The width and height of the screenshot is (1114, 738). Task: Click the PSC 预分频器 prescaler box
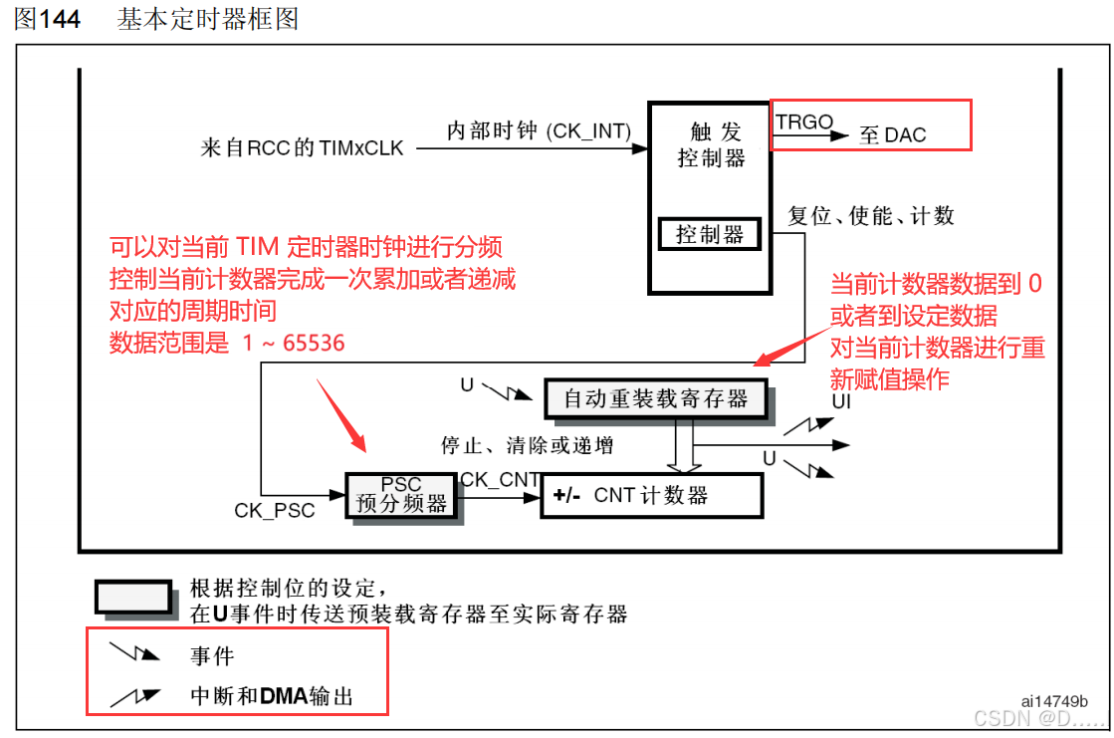[x=401, y=495]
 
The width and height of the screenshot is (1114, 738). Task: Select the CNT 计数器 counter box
[x=651, y=495]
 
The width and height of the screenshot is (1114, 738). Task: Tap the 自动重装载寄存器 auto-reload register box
[x=656, y=399]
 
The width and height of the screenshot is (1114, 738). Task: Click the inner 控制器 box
[x=710, y=234]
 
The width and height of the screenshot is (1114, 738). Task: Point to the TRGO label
[x=804, y=122]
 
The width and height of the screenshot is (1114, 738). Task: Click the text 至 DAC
[x=892, y=134]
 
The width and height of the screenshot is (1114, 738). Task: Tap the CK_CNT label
[x=500, y=480]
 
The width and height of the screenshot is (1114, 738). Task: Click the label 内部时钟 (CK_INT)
[x=539, y=131]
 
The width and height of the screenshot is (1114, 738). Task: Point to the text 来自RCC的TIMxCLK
[x=303, y=148]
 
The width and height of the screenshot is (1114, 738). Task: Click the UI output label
[x=841, y=401]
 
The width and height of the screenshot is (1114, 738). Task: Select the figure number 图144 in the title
[x=47, y=19]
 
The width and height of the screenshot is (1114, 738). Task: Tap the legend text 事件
[x=212, y=655]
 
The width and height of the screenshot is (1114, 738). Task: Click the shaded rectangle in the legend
[x=133, y=596]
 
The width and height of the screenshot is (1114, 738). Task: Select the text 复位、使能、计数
[x=871, y=215]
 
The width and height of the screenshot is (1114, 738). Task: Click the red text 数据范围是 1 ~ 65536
[x=227, y=344]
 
